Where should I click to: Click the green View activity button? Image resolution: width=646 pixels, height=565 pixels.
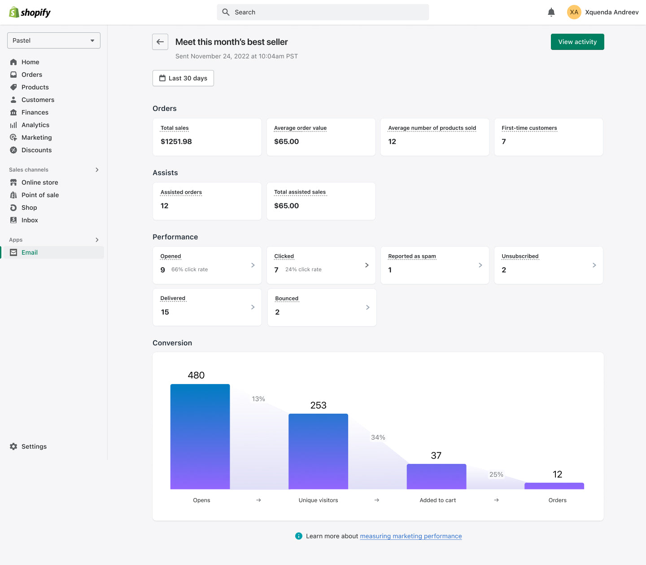[x=577, y=42]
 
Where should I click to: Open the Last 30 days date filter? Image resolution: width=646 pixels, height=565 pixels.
[x=183, y=78]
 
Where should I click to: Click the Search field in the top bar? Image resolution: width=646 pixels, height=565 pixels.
[x=323, y=12]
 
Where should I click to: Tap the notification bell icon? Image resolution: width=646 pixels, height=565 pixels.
[x=551, y=12]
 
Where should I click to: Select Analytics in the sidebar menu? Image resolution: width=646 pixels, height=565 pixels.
[x=35, y=125]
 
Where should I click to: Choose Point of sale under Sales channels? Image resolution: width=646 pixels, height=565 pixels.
[x=40, y=195]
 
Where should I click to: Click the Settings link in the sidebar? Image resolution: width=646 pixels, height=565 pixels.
[x=34, y=446]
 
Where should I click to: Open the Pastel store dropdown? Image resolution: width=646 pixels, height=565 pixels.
[x=54, y=40]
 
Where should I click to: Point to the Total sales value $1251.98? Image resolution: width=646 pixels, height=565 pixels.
[x=176, y=141]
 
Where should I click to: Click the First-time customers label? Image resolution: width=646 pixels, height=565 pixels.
[x=529, y=128]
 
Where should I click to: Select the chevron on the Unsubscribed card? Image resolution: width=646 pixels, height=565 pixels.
[x=594, y=265]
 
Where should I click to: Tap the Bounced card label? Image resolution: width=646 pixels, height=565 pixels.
[x=287, y=298]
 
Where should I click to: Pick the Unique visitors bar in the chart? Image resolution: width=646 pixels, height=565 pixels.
[x=318, y=451]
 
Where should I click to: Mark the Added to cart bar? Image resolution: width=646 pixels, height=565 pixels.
[x=436, y=477]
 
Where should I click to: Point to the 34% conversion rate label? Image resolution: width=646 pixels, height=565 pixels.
[x=378, y=437]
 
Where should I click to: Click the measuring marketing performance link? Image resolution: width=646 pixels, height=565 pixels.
[x=410, y=536]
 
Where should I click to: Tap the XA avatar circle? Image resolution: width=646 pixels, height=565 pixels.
[x=574, y=12]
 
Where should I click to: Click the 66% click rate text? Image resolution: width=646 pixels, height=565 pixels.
[x=189, y=269]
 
